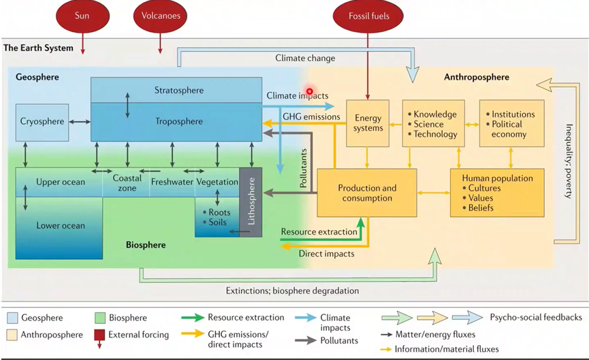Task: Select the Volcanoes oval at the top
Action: pos(161,16)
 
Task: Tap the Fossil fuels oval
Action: pos(368,16)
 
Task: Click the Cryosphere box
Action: pos(42,122)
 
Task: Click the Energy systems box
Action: pos(368,123)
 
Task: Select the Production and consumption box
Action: pos(366,193)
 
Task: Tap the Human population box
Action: pos(497,193)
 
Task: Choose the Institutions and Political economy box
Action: pos(512,124)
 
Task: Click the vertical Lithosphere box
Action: pos(251,201)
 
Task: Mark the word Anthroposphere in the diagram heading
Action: pos(477,78)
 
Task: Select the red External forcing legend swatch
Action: pos(100,334)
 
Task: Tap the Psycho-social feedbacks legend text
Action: pos(536,317)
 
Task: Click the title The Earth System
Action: pos(39,48)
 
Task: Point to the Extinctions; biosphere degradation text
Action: pos(292,291)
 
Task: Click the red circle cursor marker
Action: pos(309,91)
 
